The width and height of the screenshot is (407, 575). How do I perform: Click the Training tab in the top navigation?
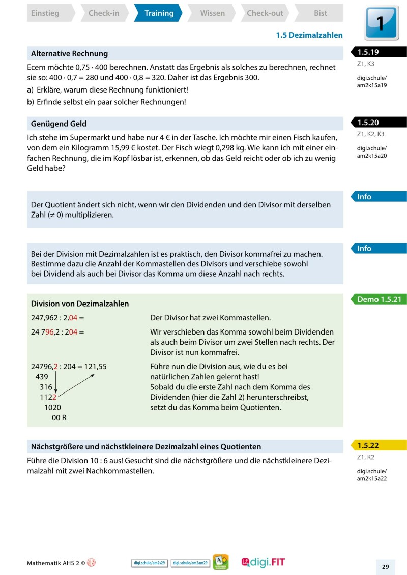point(159,13)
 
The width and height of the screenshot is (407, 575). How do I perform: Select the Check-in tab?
point(104,13)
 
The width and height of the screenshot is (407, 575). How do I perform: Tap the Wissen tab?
point(212,13)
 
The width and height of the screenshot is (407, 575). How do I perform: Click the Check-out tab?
point(265,13)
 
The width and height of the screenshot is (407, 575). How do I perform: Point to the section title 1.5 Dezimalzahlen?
point(309,35)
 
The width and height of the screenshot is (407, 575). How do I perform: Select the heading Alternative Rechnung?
point(69,53)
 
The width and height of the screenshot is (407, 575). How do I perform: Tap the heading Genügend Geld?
point(59,124)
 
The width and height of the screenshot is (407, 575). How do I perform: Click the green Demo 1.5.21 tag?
point(380,299)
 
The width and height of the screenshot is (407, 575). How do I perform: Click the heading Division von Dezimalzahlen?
point(80,304)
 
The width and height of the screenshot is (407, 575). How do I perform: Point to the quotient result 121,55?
point(95,366)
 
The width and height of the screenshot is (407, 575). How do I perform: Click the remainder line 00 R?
point(59,417)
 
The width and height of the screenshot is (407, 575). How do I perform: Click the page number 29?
point(385,567)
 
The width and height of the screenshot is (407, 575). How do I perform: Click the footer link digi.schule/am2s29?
point(150,563)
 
